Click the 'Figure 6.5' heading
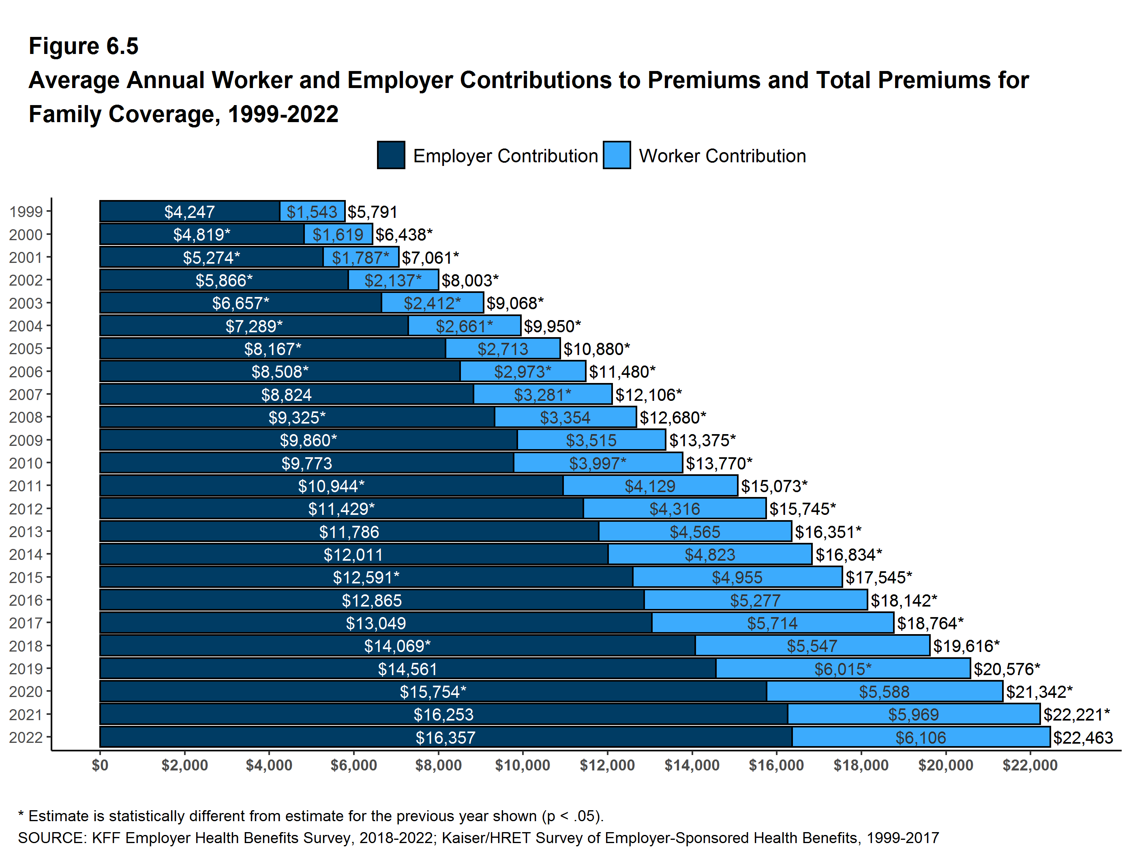[x=84, y=46]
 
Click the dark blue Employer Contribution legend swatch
[x=391, y=155]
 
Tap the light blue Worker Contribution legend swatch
[x=616, y=155]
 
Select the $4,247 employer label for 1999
[x=189, y=212]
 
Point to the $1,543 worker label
[x=311, y=212]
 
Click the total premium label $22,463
[x=1083, y=737]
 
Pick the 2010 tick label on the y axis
[x=26, y=463]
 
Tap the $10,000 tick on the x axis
[x=522, y=765]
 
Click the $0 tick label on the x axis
[x=100, y=765]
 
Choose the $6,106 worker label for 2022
[x=920, y=737]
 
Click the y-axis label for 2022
[x=26, y=737]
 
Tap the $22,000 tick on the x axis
[x=1030, y=765]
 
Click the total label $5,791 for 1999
[x=372, y=212]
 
